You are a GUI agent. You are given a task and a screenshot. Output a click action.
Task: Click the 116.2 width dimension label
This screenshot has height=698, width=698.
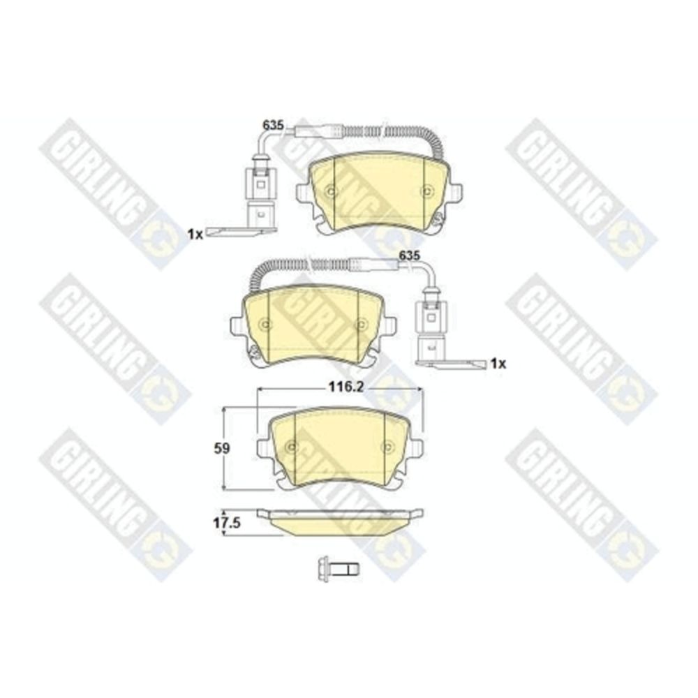[x=346, y=387]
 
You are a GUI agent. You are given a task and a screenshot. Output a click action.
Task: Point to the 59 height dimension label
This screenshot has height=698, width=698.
[x=222, y=449]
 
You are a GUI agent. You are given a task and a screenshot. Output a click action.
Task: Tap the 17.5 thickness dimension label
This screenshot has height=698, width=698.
[x=227, y=523]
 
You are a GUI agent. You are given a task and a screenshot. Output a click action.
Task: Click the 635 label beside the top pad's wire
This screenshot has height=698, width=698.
[x=273, y=126]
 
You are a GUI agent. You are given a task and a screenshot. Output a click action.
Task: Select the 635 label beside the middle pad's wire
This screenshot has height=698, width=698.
[x=410, y=255]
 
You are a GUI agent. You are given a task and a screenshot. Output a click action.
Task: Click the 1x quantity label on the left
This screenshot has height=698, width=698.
[x=195, y=234]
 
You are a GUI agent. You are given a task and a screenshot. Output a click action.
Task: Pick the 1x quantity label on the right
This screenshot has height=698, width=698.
[x=498, y=364]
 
